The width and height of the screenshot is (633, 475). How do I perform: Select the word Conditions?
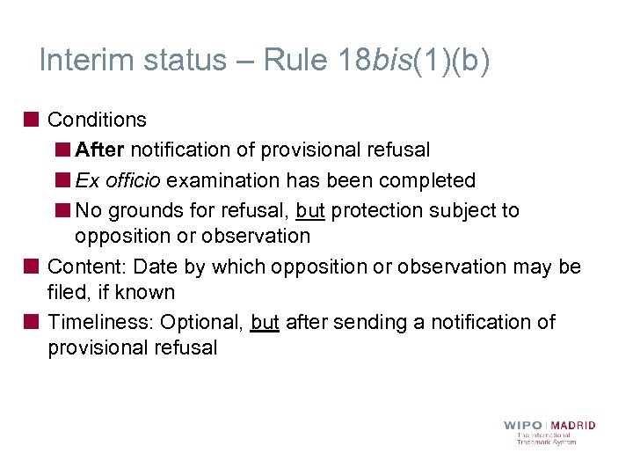coord(97,120)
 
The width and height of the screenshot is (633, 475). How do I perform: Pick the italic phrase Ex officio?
coord(118,180)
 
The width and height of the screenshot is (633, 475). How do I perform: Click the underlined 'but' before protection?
coord(310,211)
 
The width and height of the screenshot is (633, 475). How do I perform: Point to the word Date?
coord(156,267)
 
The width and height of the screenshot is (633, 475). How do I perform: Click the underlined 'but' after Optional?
coord(265,322)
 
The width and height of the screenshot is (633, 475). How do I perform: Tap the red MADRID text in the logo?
coord(574,426)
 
